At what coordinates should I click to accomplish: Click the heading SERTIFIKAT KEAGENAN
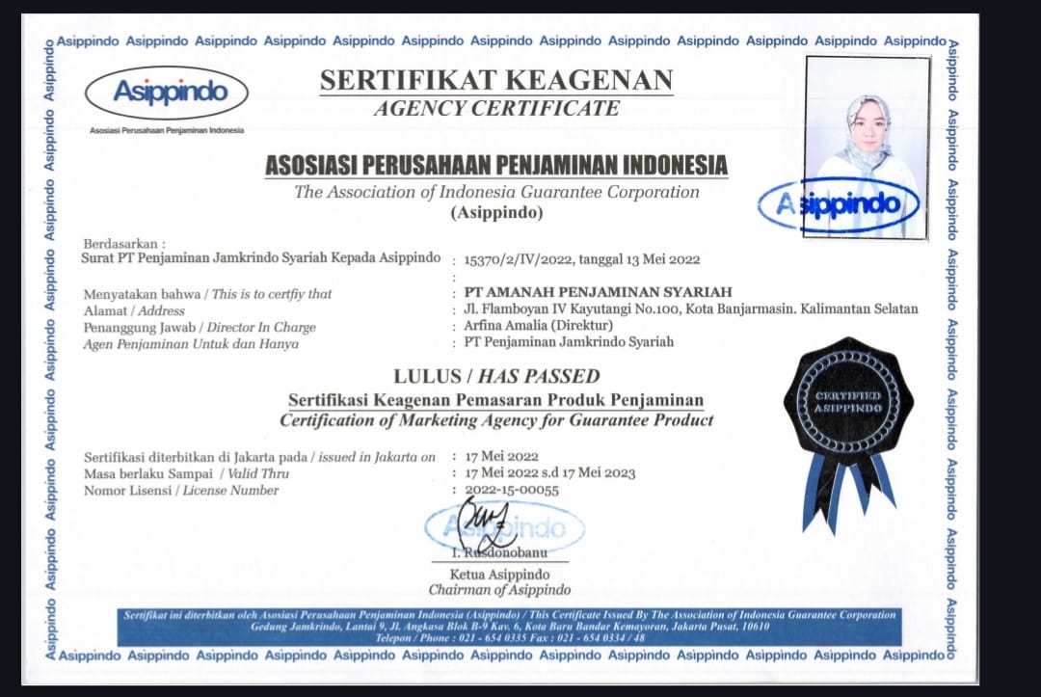[496, 81]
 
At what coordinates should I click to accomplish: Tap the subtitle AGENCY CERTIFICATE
[496, 108]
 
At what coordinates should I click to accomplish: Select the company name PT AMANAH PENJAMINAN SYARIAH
[598, 292]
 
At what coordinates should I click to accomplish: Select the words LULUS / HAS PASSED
[496, 376]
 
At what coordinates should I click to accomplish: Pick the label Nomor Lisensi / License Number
[181, 490]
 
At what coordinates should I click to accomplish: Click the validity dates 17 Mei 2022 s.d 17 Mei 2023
[549, 473]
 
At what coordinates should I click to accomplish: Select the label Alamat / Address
[134, 310]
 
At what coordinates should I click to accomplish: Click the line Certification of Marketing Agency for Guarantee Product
[496, 420]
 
